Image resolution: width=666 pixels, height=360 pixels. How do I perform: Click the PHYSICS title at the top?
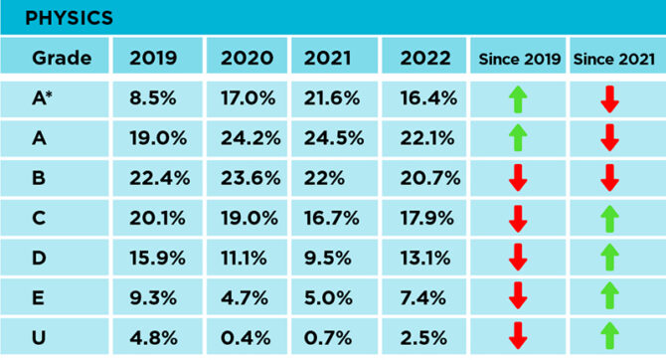pos(69,18)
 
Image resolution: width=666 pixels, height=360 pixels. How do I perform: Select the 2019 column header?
pos(153,58)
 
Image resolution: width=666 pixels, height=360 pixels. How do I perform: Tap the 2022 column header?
pos(424,58)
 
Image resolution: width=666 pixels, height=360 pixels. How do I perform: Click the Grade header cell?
pos(62,58)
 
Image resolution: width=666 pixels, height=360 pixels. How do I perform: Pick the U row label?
pos(40,335)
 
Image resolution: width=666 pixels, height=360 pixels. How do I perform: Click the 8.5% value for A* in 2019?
pos(155,98)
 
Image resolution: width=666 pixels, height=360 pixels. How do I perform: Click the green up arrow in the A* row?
pos(518,98)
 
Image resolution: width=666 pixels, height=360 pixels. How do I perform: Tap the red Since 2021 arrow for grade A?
pos(610,138)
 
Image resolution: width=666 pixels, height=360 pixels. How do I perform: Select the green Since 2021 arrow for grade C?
pos(610,217)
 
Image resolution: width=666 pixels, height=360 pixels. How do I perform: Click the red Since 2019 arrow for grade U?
pos(518,335)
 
